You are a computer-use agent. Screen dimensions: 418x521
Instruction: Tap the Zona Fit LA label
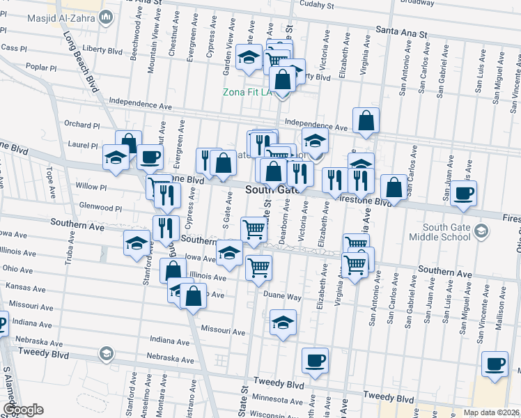[247, 93]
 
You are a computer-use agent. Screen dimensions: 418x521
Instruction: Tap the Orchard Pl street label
[82, 125]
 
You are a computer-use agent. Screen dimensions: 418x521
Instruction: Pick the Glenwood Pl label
[100, 208]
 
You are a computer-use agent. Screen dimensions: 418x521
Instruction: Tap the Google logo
[22, 410]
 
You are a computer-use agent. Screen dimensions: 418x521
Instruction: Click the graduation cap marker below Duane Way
[283, 322]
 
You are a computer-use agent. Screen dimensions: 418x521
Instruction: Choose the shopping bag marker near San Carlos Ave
[394, 187]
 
